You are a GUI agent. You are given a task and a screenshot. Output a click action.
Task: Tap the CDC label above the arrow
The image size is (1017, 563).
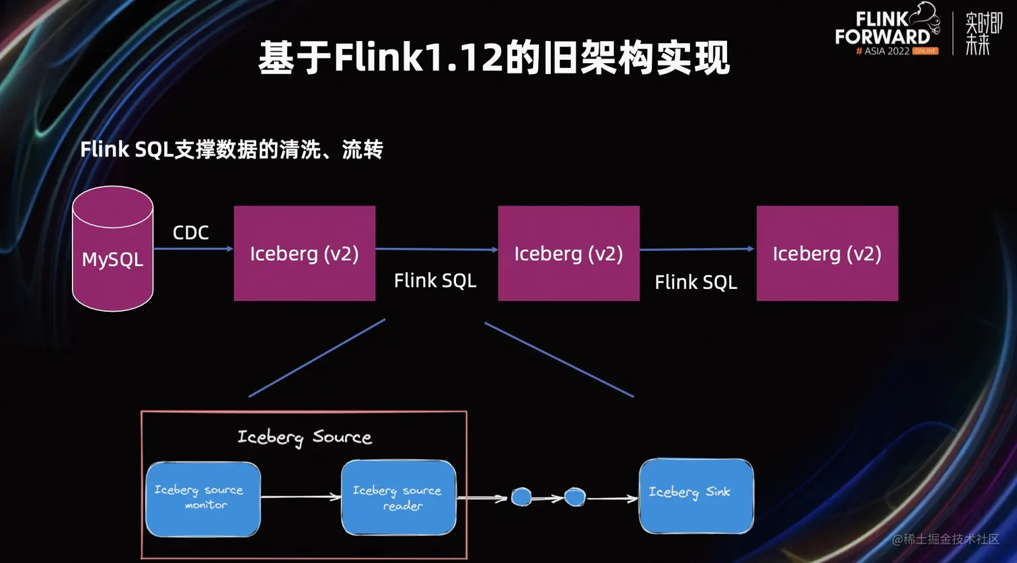pos(190,232)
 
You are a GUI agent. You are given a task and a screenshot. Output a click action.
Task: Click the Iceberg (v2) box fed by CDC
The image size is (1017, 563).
pos(304,253)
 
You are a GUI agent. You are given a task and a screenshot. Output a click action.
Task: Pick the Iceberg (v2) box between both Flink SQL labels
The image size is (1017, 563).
pos(568,253)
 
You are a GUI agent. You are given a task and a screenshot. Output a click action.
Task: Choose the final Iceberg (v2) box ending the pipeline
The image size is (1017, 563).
pos(827,253)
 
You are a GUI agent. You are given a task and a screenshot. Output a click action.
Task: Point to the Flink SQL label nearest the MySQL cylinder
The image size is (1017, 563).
pos(435,280)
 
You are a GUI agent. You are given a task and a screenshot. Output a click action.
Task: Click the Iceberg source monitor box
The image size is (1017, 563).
pos(202,499)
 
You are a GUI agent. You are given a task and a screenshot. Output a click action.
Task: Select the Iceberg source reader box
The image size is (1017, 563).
pos(398,498)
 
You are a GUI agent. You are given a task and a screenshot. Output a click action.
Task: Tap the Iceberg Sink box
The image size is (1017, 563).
pos(695,496)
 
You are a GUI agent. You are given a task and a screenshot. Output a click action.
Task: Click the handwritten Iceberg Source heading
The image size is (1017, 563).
pos(304,437)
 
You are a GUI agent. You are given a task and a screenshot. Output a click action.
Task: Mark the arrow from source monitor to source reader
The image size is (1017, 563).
pos(300,497)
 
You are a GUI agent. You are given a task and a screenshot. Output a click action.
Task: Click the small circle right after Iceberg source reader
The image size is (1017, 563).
pos(521,497)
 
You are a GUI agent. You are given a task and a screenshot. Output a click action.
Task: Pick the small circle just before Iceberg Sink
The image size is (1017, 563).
pos(574,497)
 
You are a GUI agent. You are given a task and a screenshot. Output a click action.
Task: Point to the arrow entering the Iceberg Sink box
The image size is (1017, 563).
pos(611,499)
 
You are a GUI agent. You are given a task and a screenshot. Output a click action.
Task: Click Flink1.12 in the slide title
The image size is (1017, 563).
pos(418,58)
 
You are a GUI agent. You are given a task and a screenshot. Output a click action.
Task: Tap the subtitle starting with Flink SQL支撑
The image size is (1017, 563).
pos(231,149)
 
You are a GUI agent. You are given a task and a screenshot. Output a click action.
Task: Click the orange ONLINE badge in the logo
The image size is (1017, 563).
pos(925,51)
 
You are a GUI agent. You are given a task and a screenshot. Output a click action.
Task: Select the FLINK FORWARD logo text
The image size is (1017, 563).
pos(882,28)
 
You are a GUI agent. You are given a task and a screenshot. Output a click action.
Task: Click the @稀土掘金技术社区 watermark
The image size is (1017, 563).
pos(946,539)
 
